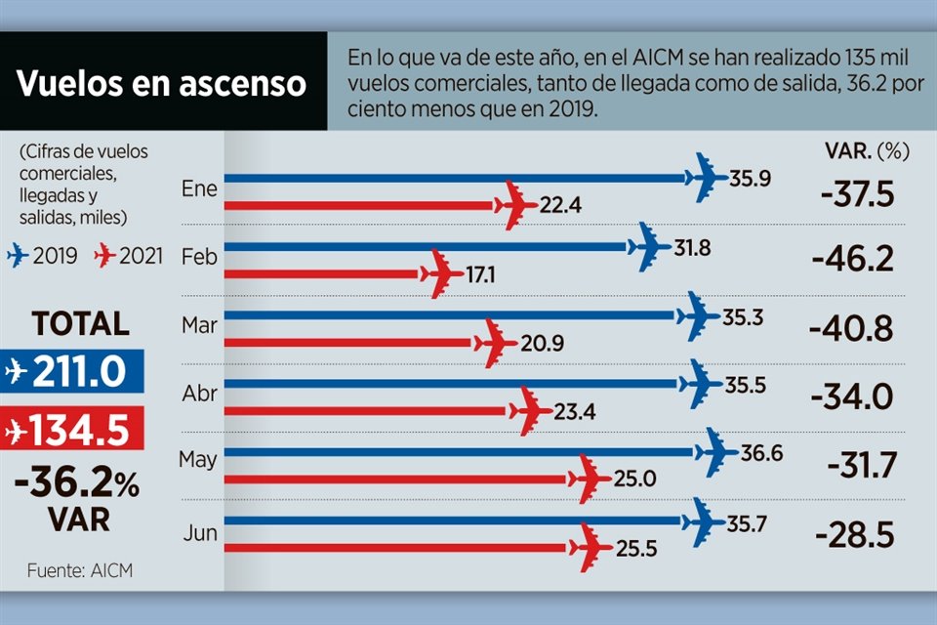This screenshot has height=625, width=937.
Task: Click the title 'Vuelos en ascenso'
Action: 162,84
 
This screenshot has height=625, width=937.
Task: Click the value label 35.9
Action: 750,179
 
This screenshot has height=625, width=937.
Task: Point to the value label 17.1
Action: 479,275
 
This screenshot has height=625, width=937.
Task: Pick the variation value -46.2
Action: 851,261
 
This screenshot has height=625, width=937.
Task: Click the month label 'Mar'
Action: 199,325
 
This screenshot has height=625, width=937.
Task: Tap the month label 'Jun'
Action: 199,533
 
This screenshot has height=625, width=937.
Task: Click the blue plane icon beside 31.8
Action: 647,247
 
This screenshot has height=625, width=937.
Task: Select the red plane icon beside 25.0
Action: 589,478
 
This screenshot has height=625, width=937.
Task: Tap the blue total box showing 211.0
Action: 72,371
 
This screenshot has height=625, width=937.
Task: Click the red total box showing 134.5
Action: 72,430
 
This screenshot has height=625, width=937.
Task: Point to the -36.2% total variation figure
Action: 76,483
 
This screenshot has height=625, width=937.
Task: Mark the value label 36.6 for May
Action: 761,454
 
